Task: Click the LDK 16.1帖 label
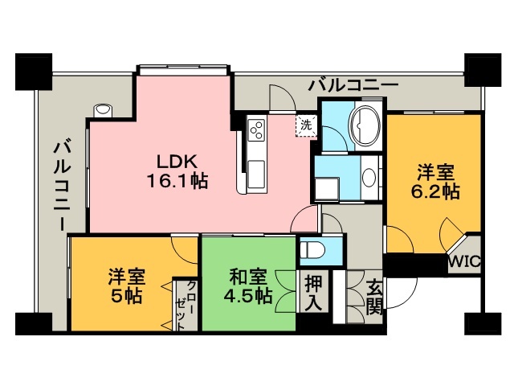coord(177,171)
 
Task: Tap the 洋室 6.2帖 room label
coord(435,183)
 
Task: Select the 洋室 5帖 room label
coord(127,286)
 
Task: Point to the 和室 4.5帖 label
coord(248,286)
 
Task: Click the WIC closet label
coord(464,262)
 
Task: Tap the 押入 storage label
coord(314,293)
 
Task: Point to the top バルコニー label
coord(353,86)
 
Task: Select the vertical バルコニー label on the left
coord(63,185)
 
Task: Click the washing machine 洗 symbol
coord(307,125)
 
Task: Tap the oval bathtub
coord(365,125)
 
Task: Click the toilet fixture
coord(312,251)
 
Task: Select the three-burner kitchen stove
coord(256,130)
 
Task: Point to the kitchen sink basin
coord(256,175)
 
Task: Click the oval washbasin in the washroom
coord(369,177)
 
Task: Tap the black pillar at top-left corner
coord(34,72)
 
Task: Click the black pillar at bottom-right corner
coord(483,323)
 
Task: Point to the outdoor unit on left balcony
coord(103,110)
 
